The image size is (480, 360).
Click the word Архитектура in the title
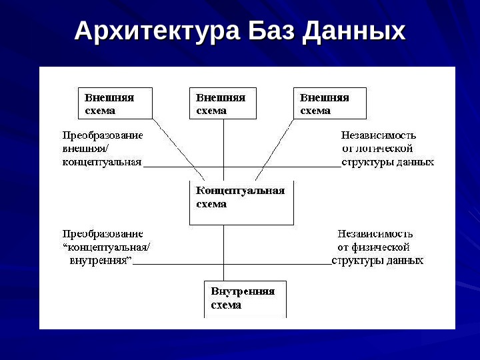tap(156, 31)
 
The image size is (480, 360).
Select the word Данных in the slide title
tap(353, 31)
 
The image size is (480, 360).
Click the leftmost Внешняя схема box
tap(115, 103)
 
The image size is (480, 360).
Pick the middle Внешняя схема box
tap(223, 103)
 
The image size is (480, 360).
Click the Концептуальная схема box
tap(241, 203)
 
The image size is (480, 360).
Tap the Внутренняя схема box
tap(245, 298)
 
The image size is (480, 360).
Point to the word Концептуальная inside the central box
tap(240, 191)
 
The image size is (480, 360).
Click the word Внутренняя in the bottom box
tap(243, 291)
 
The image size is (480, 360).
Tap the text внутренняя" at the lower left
tap(100, 259)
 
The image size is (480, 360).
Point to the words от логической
tap(377, 149)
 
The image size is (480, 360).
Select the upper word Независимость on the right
tap(379, 135)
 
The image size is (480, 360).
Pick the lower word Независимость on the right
tap(375, 234)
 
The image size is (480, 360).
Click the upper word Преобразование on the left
tap(103, 135)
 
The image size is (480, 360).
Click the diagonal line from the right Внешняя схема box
tap(273, 149)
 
